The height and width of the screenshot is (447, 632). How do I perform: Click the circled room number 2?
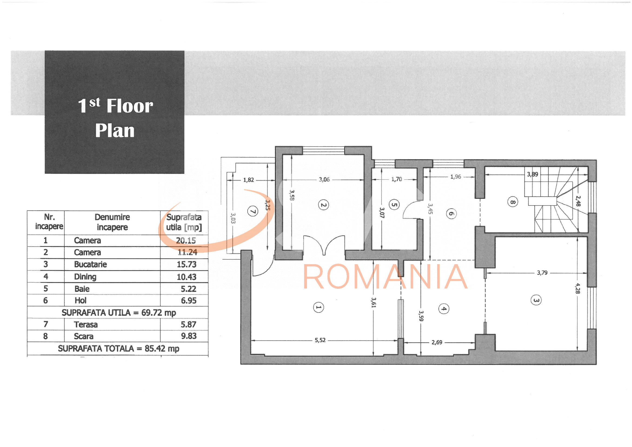(323, 205)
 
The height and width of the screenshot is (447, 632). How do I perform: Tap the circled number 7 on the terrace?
(253, 211)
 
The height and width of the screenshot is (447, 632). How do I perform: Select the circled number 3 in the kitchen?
(536, 300)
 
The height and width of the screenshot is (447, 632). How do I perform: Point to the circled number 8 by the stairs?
(513, 202)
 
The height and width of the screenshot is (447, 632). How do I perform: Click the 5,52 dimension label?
(320, 340)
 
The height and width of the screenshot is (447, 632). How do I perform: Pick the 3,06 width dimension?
(324, 180)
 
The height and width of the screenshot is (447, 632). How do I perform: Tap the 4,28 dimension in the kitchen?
(577, 288)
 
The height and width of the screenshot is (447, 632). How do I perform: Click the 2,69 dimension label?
(437, 342)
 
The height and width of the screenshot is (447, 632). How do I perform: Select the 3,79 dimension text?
(542, 273)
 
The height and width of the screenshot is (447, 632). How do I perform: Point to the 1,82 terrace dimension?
(249, 180)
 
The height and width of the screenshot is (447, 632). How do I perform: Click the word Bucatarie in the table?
(91, 264)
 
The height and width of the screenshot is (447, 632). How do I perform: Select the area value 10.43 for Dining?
(187, 277)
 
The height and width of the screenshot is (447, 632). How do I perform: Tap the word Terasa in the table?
(86, 325)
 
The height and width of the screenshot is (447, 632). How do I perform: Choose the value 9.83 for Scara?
(189, 336)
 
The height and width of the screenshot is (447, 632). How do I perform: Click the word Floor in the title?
(130, 106)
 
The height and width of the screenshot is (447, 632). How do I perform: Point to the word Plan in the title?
(115, 131)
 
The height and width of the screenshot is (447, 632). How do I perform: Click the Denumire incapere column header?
(112, 222)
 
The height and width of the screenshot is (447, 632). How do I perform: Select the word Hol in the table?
(80, 300)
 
